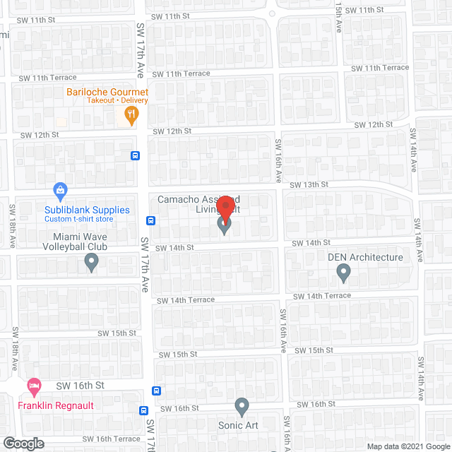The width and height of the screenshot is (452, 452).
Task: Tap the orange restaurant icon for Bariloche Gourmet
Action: tap(131, 114)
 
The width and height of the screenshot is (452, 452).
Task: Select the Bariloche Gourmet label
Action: tap(107, 92)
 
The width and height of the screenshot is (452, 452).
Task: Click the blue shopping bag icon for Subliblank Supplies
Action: tap(61, 190)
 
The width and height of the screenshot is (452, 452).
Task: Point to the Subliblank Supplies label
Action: tap(87, 210)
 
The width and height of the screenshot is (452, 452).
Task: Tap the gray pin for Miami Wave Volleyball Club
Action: tap(91, 263)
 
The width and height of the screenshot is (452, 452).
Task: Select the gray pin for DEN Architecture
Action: tap(343, 272)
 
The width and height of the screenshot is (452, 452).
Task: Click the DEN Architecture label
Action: tap(365, 257)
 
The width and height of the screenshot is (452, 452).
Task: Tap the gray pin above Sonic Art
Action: tap(242, 407)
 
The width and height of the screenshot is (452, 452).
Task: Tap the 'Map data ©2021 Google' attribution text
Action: tap(409, 446)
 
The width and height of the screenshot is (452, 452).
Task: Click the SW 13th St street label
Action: tap(312, 184)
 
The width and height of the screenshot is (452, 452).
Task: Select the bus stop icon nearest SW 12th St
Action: tap(135, 155)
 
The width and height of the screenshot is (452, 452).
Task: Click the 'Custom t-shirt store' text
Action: tap(78, 219)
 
